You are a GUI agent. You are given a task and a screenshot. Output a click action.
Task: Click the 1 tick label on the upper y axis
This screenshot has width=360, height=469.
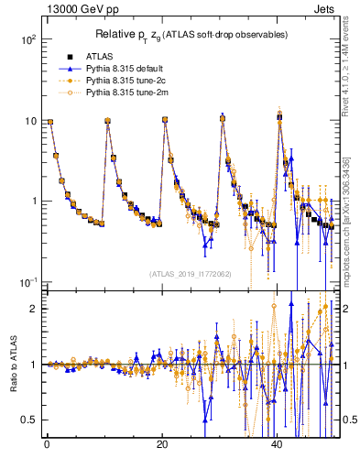pyautogui.click(x=33, y=202)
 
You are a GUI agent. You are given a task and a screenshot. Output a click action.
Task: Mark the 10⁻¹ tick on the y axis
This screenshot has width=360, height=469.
pyautogui.click(x=27, y=281)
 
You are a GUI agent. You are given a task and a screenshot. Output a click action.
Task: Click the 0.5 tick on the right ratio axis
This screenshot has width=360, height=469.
pyautogui.click(x=349, y=420)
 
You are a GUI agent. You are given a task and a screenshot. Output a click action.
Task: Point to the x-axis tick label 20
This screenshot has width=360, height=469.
pyautogui.click(x=162, y=445)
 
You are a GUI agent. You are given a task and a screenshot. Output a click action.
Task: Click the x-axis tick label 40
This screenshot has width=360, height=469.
pyautogui.click(x=278, y=445)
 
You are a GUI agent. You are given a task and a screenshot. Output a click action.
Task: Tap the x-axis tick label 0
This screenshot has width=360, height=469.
pyautogui.click(x=47, y=445)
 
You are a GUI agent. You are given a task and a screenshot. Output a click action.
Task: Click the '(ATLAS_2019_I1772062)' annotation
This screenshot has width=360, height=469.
pyautogui.click(x=191, y=274)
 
